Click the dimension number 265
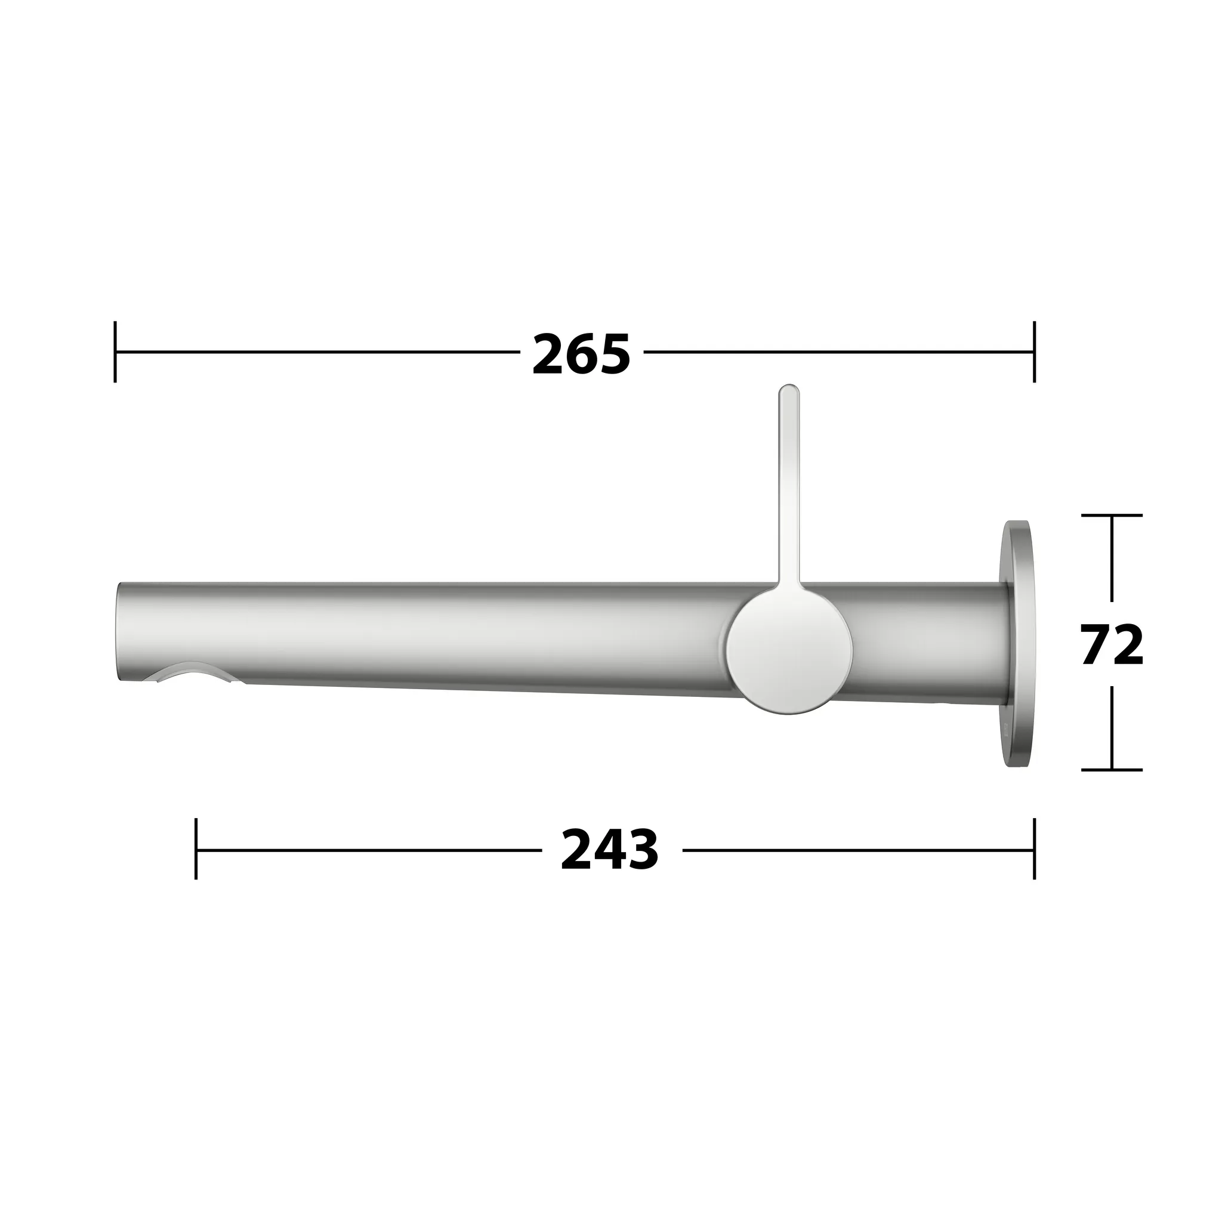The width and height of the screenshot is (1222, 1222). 581,355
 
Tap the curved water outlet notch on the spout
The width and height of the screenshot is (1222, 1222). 190,672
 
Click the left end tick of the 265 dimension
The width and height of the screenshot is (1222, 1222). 115,351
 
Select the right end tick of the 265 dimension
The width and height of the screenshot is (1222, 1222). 1034,351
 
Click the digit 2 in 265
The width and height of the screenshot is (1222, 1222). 548,355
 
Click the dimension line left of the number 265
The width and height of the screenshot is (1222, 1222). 316,351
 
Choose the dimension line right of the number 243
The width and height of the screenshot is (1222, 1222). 854,850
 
